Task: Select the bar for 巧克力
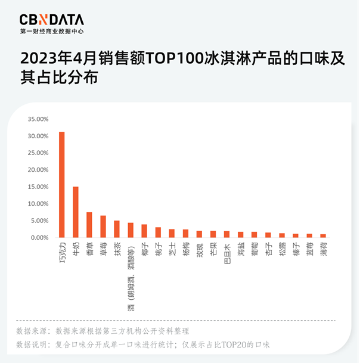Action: (x=62, y=185)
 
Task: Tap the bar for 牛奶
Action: (x=76, y=212)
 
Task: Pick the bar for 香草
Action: (x=89, y=225)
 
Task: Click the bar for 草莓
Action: (x=103, y=227)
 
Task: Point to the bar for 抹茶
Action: (x=117, y=229)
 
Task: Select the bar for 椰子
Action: (x=144, y=231)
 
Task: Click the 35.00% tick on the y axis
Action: (x=38, y=119)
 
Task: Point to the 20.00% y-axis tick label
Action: (x=38, y=170)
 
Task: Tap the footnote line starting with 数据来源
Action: (x=103, y=331)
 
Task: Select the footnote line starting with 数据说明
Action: (x=143, y=345)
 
